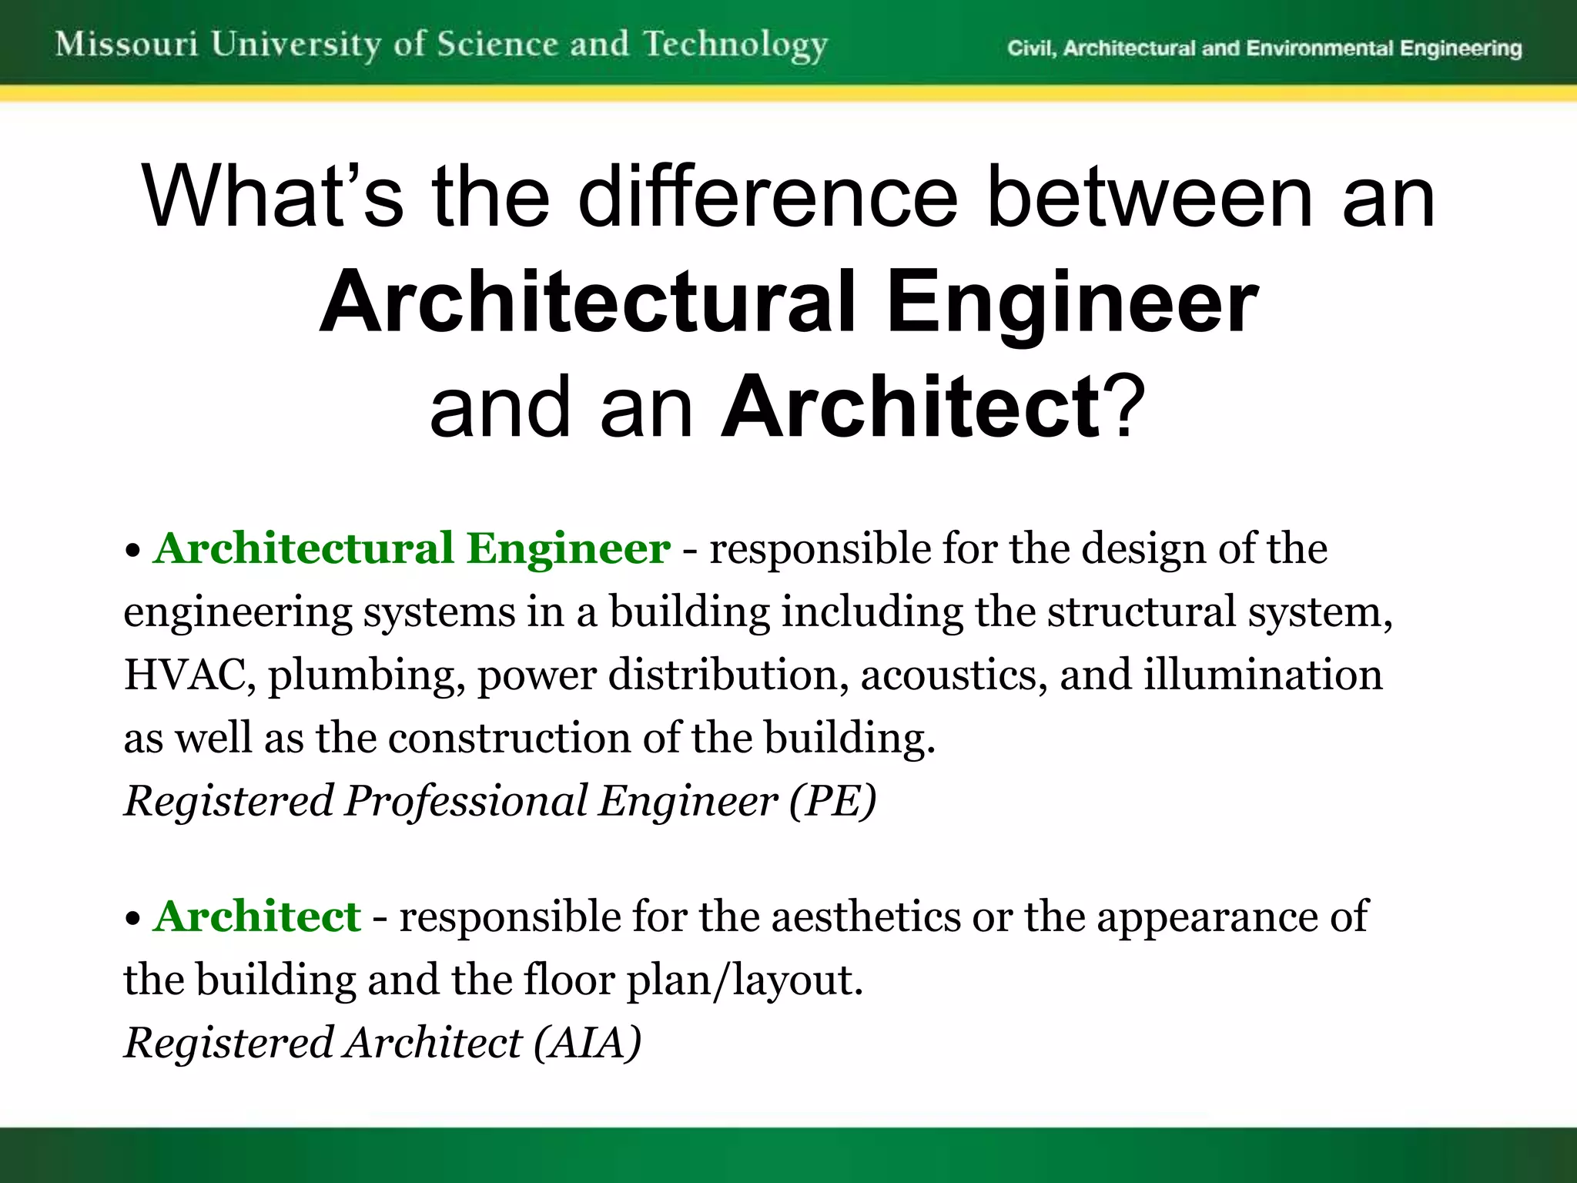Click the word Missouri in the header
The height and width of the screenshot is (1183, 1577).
click(x=127, y=44)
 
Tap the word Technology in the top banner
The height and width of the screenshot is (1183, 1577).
click(x=735, y=45)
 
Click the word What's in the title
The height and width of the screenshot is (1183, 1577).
click(x=272, y=197)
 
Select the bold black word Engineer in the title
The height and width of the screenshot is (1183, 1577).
click(x=1073, y=302)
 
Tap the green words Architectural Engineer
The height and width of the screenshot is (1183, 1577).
click(x=412, y=549)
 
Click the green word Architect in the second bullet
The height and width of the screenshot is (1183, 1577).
click(x=257, y=917)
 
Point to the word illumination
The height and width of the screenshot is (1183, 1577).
click(x=1263, y=675)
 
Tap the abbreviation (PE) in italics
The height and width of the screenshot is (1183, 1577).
click(x=832, y=801)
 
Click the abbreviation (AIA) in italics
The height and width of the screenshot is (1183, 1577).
click(x=588, y=1043)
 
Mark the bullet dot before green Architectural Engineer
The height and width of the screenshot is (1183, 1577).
click(x=133, y=551)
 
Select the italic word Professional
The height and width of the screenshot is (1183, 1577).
click(x=466, y=801)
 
